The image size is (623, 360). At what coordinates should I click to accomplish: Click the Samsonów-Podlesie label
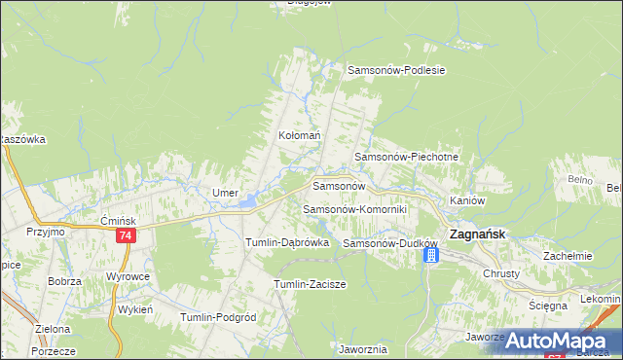tap(397, 70)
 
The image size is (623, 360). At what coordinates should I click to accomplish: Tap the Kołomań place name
tap(300, 136)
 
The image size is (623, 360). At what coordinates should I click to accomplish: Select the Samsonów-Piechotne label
tap(406, 157)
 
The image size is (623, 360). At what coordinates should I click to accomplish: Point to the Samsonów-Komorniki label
tap(354, 209)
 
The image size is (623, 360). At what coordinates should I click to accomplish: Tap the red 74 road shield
tap(125, 236)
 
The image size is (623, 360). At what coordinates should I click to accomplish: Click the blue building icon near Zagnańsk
tap(431, 255)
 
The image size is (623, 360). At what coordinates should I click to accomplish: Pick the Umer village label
tap(226, 193)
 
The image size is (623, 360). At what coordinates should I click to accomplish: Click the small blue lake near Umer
tap(250, 201)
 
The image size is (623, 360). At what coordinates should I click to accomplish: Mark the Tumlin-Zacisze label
tap(311, 283)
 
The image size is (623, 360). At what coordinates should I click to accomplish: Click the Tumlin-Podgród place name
tap(218, 317)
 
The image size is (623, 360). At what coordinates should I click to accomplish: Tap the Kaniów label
tap(467, 200)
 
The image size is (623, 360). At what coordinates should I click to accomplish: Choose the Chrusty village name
tap(502, 273)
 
